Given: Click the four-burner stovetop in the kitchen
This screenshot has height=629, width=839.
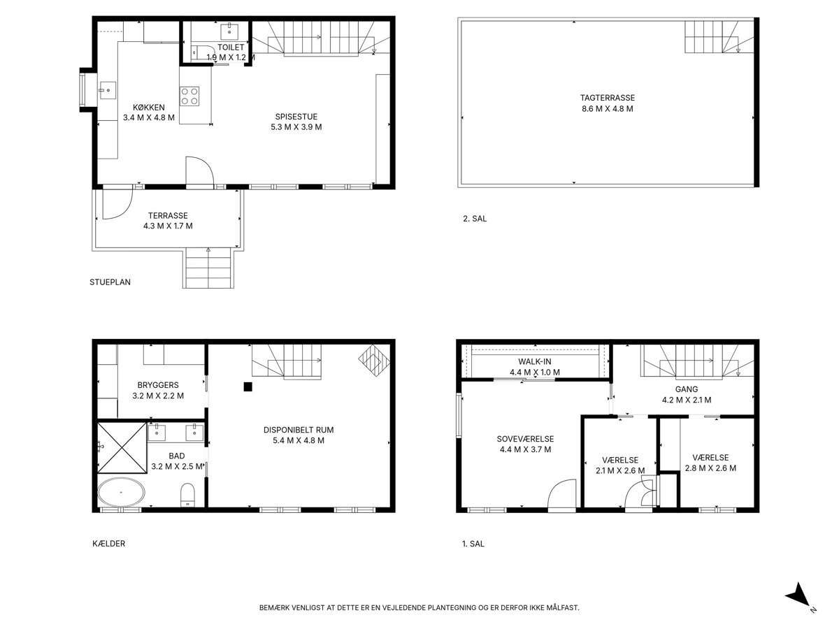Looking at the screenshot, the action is (189, 96).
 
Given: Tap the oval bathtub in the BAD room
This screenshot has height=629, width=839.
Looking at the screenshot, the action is (121, 492).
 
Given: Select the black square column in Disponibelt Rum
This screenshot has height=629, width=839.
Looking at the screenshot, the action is (248, 387).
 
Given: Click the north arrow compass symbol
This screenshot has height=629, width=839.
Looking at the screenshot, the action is (800, 598).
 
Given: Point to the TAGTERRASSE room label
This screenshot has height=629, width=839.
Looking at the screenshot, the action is (608, 98).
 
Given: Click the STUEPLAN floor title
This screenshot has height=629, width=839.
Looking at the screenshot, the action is (110, 282).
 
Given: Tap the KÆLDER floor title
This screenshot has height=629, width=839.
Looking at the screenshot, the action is (108, 544).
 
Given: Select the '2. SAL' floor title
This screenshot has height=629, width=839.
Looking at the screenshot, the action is (475, 219).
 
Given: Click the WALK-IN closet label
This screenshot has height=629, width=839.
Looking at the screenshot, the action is (535, 361).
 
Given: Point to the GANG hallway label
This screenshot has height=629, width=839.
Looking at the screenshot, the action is (687, 389).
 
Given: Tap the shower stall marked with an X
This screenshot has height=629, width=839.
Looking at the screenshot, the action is (122, 447).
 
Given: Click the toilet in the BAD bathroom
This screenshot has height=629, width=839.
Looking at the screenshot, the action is (187, 495).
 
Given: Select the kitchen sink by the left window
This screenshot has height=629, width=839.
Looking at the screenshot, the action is (108, 91).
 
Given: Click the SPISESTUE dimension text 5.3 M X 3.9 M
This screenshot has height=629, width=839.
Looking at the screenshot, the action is (296, 127).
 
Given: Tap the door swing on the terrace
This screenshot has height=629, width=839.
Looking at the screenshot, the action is (117, 204).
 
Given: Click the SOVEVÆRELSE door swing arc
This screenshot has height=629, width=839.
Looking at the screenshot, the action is (562, 493).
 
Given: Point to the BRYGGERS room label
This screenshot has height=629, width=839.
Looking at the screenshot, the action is (158, 385).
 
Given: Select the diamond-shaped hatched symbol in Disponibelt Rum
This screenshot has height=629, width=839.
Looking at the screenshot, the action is (374, 360).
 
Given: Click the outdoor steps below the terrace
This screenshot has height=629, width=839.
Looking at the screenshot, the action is (208, 268).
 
